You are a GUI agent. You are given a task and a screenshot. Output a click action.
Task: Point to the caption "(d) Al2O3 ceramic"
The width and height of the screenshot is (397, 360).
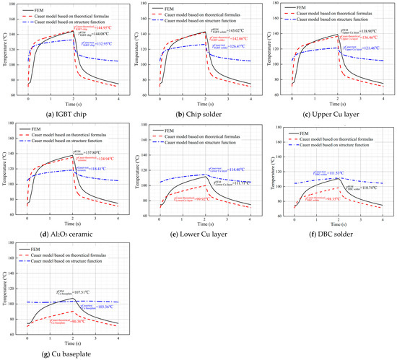(67, 233)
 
